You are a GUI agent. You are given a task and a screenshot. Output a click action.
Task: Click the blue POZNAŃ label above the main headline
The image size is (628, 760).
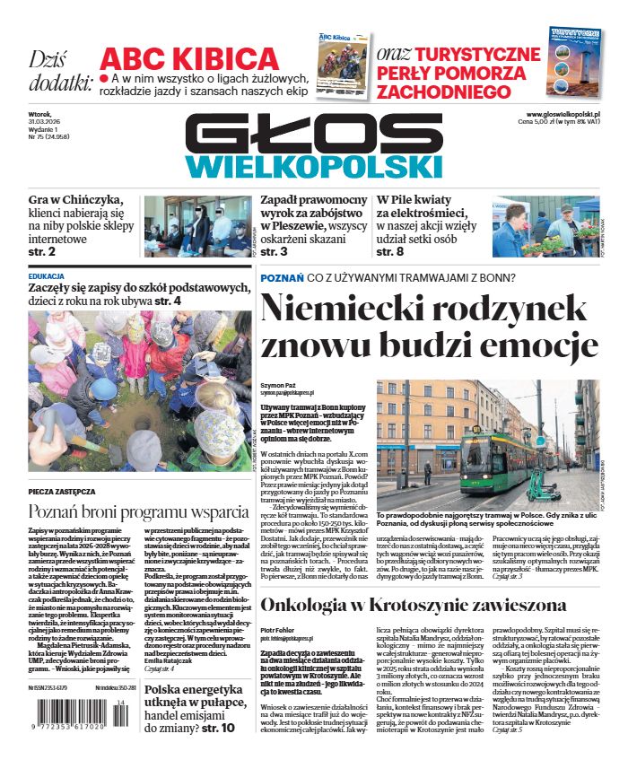pyautogui.click(x=281, y=279)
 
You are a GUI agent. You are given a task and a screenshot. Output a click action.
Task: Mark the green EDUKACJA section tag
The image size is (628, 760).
pyautogui.click(x=46, y=275)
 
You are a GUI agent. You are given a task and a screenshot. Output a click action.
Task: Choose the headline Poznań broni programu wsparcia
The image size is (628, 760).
pyautogui.click(x=138, y=512)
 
